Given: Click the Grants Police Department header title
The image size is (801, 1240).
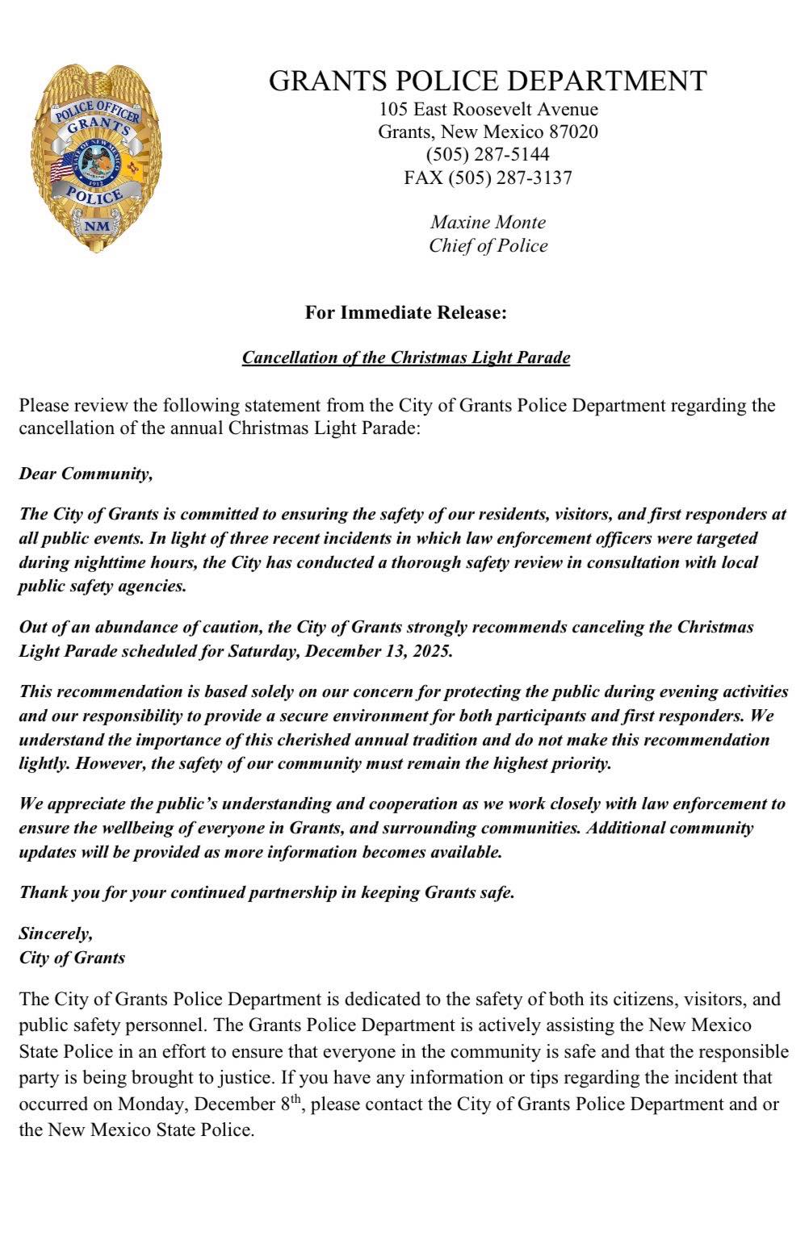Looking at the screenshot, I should point(488,81).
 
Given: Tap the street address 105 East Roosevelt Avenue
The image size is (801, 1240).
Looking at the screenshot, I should point(489,109).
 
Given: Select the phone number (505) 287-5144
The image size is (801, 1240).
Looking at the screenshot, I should point(488,154).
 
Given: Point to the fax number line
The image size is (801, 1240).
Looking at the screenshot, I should point(488,177).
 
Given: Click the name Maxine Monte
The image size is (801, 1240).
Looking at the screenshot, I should point(488,222).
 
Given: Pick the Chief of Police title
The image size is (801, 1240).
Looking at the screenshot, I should point(488,246).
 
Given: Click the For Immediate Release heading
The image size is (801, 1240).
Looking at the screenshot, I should point(405,312).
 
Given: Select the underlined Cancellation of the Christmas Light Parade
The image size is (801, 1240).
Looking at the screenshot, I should point(405,357).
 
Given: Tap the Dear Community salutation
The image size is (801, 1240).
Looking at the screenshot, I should point(86,474).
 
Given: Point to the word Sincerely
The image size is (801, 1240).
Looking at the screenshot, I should point(56,933).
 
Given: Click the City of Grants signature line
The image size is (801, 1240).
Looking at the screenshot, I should point(72,958).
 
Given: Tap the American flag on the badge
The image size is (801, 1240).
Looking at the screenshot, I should point(62,169).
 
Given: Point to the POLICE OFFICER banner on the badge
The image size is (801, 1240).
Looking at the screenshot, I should point(97,113).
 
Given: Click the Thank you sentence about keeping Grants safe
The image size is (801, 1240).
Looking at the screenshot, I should point(266,893).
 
